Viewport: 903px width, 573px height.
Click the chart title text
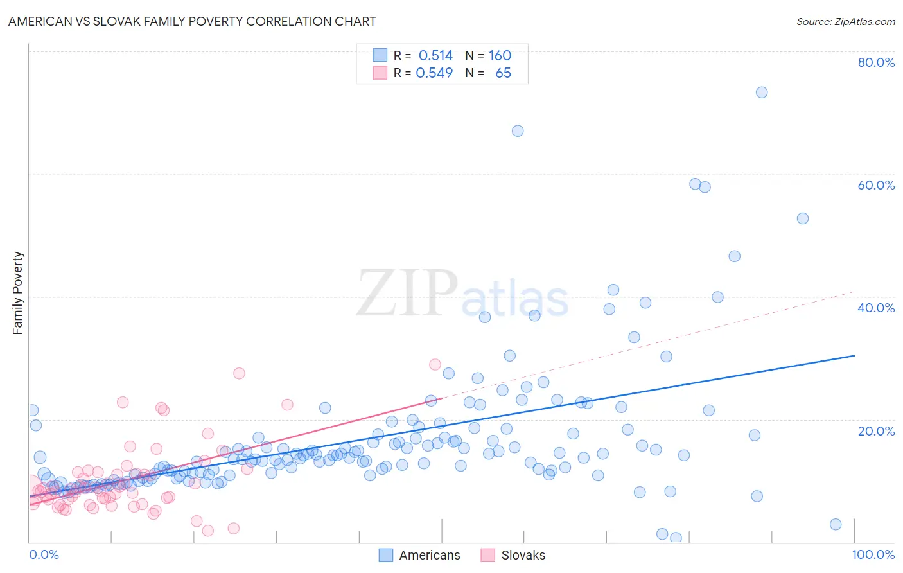click(192, 21)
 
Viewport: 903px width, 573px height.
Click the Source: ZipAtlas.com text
click(845, 21)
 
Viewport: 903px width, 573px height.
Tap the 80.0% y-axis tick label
click(876, 62)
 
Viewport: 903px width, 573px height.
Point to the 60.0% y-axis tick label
click(876, 185)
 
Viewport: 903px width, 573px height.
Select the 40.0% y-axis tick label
click(876, 308)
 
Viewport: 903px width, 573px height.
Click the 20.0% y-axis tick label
click(876, 431)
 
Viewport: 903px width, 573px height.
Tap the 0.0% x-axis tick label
click(44, 554)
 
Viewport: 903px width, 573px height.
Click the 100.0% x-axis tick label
click(873, 554)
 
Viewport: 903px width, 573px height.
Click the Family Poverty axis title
click(18, 293)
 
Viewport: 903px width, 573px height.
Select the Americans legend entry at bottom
click(419, 555)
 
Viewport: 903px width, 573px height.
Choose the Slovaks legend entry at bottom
click(513, 555)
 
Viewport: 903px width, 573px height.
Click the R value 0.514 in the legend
click(435, 56)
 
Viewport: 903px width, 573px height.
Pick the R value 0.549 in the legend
click(434, 73)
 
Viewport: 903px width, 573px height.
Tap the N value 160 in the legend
click(500, 56)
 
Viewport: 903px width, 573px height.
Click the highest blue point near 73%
click(762, 93)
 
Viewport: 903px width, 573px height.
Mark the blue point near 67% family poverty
click(518, 131)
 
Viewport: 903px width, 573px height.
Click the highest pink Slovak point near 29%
click(435, 364)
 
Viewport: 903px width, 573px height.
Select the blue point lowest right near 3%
click(836, 524)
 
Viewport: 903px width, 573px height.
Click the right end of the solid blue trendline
click(854, 355)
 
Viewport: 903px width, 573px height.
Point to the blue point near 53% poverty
click(802, 218)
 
